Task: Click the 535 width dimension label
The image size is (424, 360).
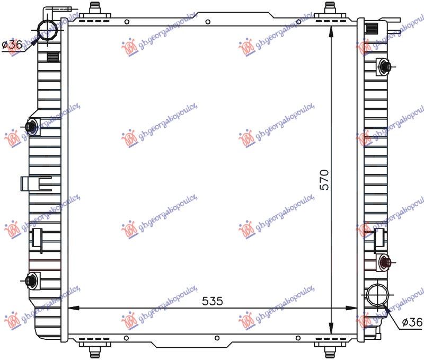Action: tap(213, 301)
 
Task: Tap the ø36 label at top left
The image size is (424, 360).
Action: tap(12, 45)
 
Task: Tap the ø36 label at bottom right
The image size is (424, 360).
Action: tap(412, 322)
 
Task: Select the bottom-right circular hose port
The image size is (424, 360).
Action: tap(377, 294)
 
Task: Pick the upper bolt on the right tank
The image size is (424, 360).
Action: tap(385, 66)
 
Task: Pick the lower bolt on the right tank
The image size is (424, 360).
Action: tap(385, 262)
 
